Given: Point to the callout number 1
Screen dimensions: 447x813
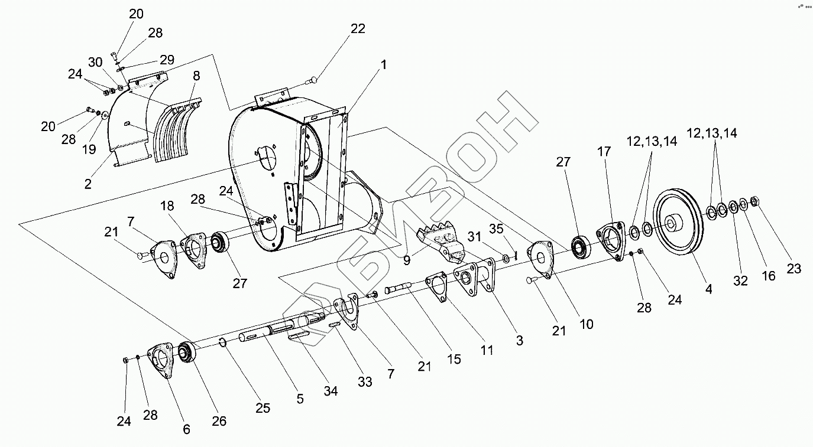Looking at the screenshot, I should tap(384, 65).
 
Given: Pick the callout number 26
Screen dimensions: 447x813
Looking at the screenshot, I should tap(219, 421).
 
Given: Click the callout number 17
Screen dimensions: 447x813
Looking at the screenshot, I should tap(603, 152).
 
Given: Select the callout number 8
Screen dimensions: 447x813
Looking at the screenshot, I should tap(196, 76).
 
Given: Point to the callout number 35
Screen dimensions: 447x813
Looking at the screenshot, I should tap(496, 229).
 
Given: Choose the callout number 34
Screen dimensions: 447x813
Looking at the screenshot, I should tap(331, 391).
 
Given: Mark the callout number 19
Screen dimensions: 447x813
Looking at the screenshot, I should tap(89, 149).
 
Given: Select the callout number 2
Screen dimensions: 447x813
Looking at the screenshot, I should tap(88, 184).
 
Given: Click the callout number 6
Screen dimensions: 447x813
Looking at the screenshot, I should tap(187, 429).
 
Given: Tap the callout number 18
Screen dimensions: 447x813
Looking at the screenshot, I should tap(167, 205).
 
